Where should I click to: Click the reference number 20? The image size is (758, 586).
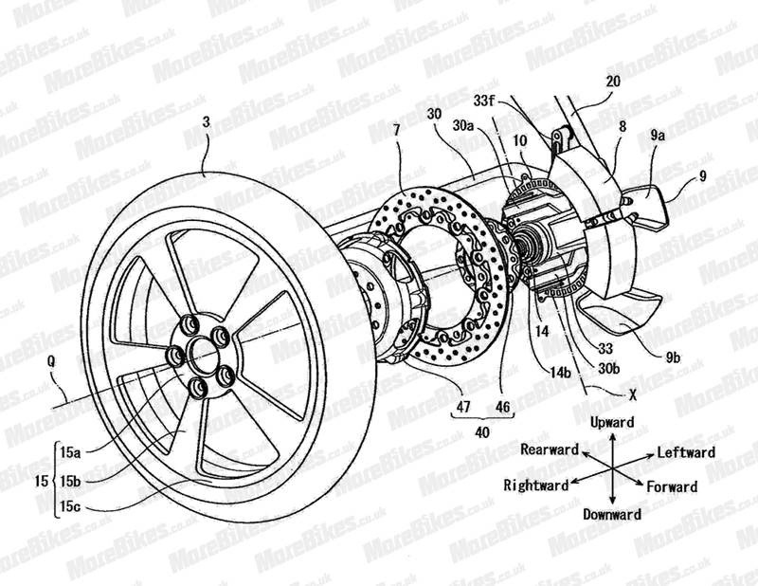click(614, 82)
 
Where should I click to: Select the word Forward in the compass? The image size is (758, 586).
click(673, 486)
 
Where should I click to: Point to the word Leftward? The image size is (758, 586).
click(686, 453)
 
